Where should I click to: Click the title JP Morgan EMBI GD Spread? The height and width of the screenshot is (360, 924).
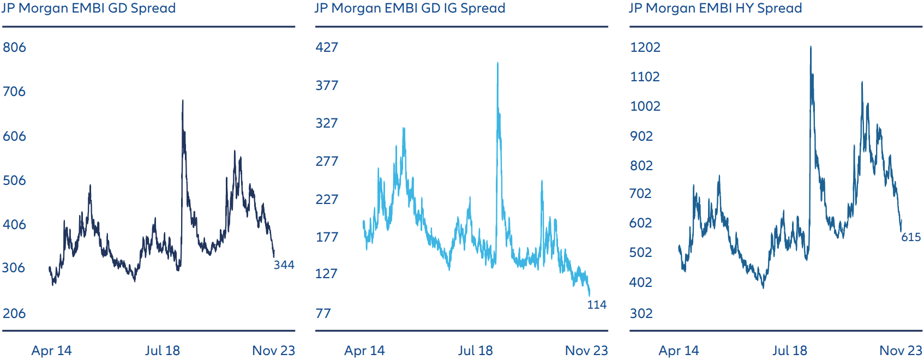click(88, 8)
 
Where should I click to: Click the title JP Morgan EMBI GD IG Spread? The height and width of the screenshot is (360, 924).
click(410, 8)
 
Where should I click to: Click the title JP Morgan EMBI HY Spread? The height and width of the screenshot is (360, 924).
click(716, 8)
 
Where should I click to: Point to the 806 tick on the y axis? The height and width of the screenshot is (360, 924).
click(14, 47)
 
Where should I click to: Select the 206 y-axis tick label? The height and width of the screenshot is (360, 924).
click(14, 314)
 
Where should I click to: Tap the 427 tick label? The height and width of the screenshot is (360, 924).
click(327, 47)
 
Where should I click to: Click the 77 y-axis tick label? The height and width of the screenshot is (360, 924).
click(323, 314)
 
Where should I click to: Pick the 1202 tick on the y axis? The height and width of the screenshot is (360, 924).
click(645, 47)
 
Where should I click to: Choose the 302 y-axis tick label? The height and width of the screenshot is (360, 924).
click(641, 314)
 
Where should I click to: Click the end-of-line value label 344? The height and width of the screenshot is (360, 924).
click(284, 265)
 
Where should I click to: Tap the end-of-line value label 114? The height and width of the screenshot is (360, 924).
click(597, 305)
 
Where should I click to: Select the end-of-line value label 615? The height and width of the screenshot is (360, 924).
click(911, 237)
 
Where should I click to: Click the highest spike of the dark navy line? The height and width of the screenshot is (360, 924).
click(183, 101)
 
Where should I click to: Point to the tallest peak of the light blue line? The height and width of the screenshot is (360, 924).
click(497, 63)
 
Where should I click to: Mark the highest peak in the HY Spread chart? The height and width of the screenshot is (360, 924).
click(811, 47)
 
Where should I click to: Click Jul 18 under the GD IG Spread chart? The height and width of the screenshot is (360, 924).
click(475, 351)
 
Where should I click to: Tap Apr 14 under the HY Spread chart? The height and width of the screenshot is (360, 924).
click(679, 351)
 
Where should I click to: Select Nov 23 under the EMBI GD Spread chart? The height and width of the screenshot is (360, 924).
click(273, 351)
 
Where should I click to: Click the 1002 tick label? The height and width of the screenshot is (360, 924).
click(645, 106)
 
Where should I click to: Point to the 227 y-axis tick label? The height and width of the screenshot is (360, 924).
click(327, 200)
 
